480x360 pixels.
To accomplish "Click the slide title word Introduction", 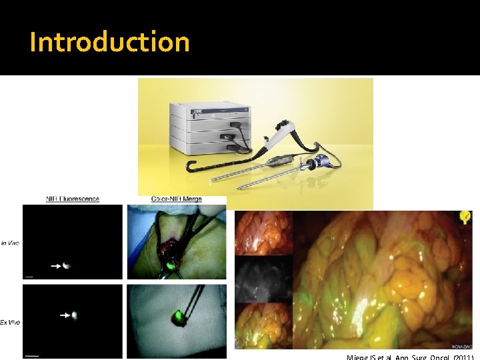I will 110,42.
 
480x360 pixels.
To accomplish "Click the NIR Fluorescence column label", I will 73,199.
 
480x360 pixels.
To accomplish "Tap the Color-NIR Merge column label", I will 177,199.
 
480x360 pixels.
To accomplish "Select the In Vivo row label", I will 10,243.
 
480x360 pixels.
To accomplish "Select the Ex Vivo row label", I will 10,322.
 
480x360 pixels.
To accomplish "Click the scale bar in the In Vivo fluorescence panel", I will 30,275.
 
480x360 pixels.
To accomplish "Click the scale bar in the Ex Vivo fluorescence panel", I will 31,355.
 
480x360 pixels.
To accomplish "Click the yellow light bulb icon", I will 464,217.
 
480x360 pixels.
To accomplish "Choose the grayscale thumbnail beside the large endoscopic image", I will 263,279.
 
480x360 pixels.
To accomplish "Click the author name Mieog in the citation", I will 360,357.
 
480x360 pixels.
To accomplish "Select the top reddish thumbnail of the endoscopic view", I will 263,233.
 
